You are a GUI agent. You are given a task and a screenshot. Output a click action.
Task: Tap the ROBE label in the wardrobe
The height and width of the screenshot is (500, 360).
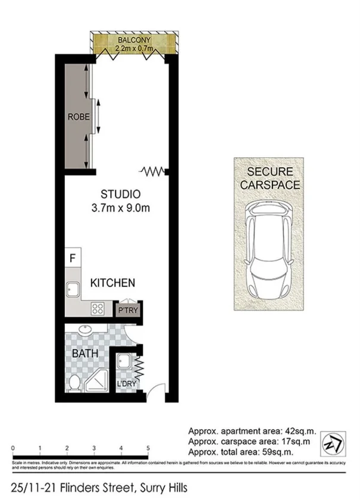(x=79, y=117)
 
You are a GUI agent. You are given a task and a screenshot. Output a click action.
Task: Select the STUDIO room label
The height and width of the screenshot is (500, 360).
(x=120, y=194)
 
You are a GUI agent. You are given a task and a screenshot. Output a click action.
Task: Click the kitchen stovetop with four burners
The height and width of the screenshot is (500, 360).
(x=98, y=309)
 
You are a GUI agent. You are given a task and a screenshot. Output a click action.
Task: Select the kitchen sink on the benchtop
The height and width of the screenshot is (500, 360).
(x=74, y=290)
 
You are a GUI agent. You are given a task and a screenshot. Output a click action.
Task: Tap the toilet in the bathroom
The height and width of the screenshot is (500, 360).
(x=74, y=384)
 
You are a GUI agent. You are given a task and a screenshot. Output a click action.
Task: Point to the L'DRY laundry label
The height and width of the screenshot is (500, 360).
(x=127, y=384)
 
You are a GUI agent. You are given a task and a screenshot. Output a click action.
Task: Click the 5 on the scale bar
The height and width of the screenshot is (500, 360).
(x=148, y=448)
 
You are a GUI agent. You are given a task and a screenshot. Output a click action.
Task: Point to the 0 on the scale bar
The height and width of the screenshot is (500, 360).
(x=12, y=448)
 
